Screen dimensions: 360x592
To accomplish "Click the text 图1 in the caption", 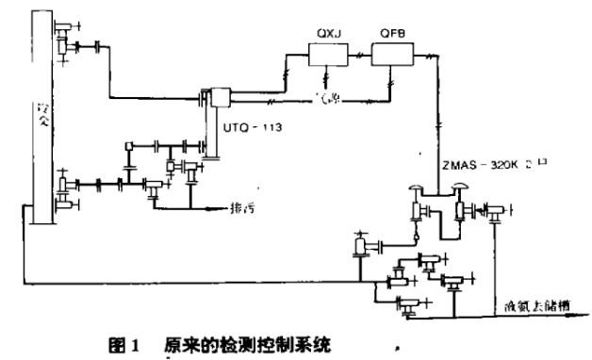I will [x=125, y=345].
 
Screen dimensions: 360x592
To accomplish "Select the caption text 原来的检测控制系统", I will [x=225, y=345].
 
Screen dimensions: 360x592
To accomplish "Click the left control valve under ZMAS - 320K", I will [x=416, y=205].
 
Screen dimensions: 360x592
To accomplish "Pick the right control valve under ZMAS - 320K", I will [x=462, y=205].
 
